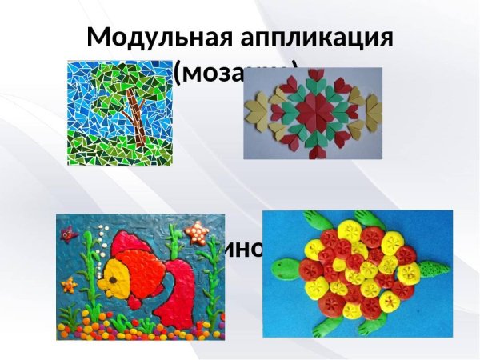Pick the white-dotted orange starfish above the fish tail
point(194,234)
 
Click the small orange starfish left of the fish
point(70,284)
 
